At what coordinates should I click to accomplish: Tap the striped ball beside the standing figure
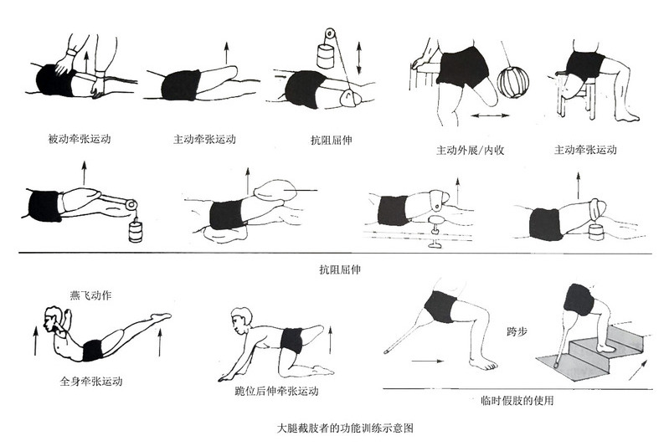click(x=512, y=83)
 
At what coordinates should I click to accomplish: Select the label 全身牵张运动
click(x=91, y=381)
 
